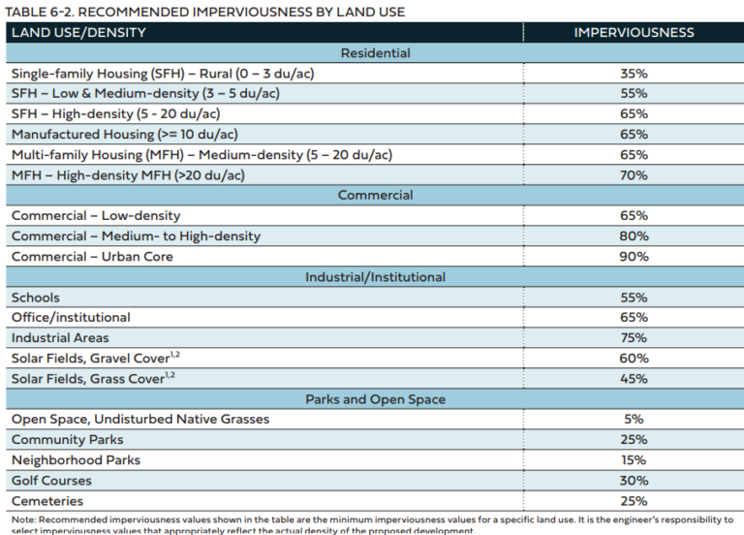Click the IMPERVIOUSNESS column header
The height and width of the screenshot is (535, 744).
click(x=634, y=32)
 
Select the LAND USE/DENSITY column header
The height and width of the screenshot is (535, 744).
click(x=78, y=32)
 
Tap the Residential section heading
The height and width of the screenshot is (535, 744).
click(x=375, y=52)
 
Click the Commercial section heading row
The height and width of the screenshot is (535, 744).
click(x=375, y=195)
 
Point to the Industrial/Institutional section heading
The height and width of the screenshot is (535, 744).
click(x=375, y=277)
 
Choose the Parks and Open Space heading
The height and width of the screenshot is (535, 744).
click(x=375, y=399)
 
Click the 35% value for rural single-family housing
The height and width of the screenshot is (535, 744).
click(x=634, y=74)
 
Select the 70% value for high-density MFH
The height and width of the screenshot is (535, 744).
click(x=634, y=175)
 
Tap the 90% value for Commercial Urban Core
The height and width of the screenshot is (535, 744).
click(x=634, y=256)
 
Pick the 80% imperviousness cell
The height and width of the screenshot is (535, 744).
click(x=634, y=236)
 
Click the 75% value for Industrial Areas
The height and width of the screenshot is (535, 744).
click(x=634, y=337)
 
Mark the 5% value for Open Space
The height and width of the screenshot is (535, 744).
click(x=634, y=419)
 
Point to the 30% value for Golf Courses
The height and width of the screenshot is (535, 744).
click(x=634, y=481)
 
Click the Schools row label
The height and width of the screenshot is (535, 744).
click(x=36, y=298)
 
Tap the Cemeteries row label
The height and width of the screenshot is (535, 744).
click(x=47, y=501)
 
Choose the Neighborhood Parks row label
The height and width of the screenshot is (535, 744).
click(x=76, y=460)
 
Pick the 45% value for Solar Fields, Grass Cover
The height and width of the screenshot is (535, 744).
click(x=634, y=379)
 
